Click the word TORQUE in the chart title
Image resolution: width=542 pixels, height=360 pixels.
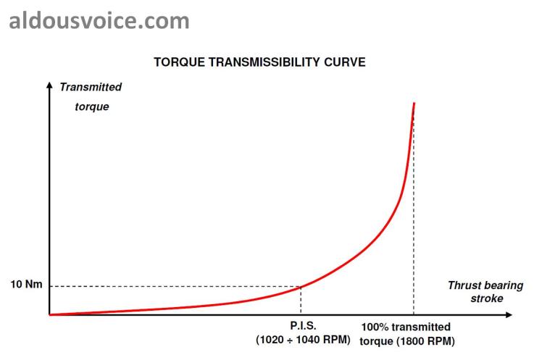[178, 63]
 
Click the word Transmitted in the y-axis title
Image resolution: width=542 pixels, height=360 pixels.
[91, 88]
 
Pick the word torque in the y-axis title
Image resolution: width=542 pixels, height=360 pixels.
[91, 106]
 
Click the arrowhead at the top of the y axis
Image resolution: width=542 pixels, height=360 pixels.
[49, 85]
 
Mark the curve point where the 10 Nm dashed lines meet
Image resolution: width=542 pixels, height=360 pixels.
[301, 287]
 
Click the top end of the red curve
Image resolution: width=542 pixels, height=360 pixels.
[414, 104]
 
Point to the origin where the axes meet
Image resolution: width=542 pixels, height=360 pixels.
[49, 315]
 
